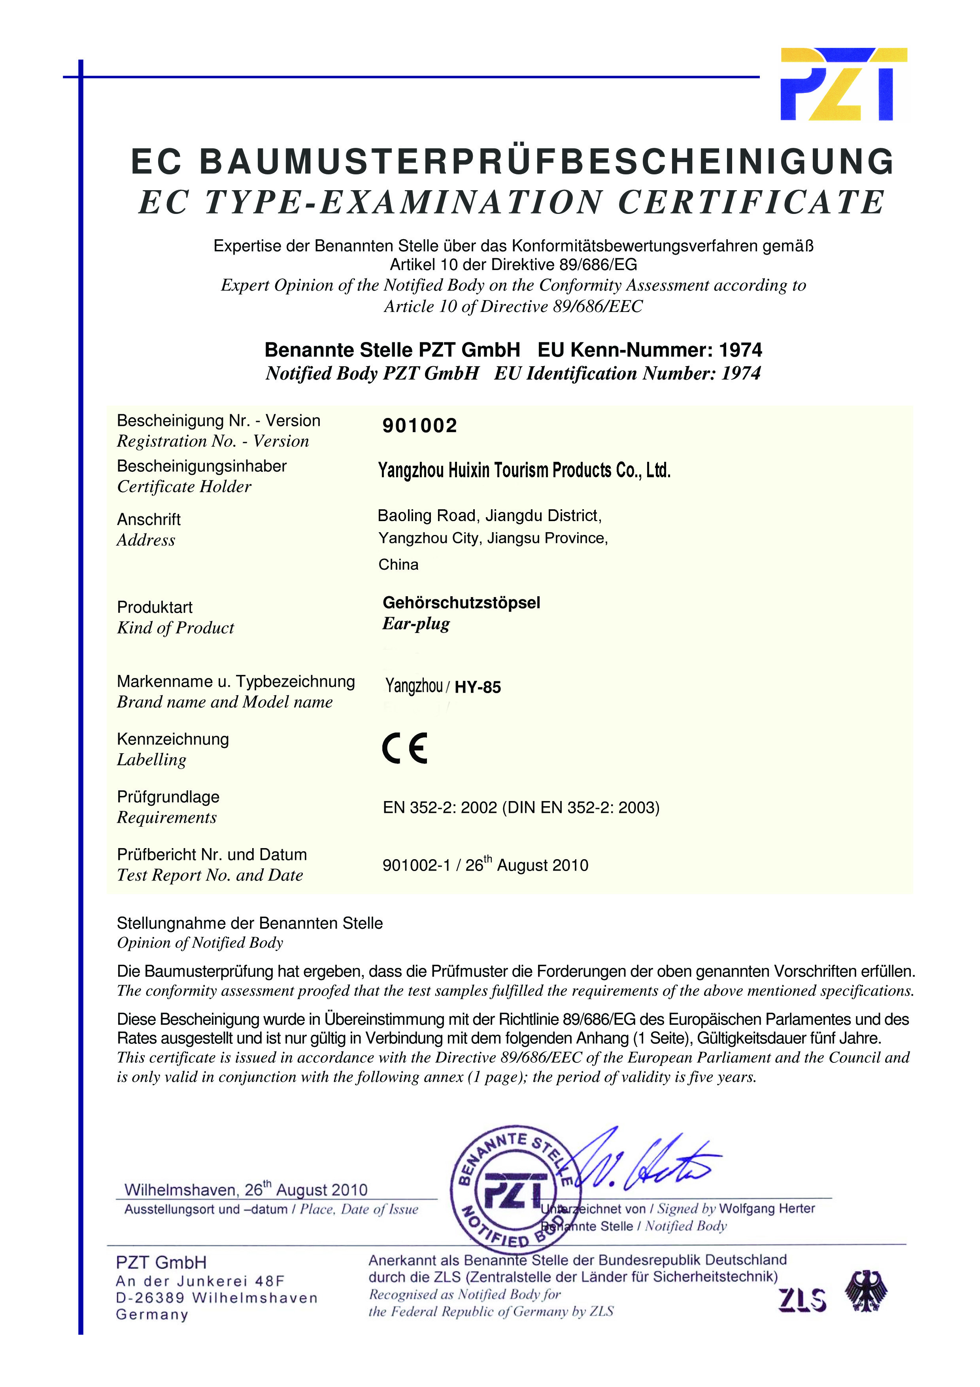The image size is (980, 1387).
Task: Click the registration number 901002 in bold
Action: coord(420,426)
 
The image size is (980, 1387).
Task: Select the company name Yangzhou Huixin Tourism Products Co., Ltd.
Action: coord(524,470)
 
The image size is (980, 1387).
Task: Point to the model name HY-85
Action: coord(478,688)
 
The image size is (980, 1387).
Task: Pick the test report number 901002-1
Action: coord(416,865)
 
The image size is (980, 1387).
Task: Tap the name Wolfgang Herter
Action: coord(767,1209)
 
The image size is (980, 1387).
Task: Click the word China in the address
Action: coord(398,565)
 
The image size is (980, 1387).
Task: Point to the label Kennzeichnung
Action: coord(173,739)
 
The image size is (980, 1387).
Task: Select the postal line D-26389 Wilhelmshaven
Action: coord(216,1298)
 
